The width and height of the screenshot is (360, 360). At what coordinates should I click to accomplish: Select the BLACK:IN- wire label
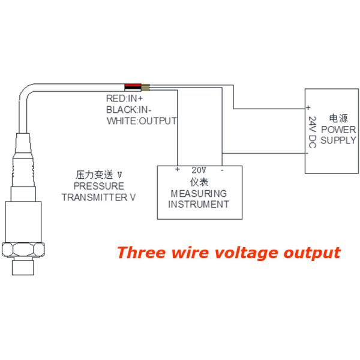tap(127, 109)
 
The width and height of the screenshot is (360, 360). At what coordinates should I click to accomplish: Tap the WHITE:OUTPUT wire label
tap(142, 121)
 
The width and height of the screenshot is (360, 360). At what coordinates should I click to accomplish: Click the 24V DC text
tap(312, 133)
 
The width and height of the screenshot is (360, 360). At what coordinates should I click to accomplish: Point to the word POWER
tap(338, 130)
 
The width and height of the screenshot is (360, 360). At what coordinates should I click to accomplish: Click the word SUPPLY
tap(338, 140)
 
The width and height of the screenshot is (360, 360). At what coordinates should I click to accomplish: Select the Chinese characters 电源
tap(338, 118)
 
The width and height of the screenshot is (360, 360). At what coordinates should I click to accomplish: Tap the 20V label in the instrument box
tap(199, 170)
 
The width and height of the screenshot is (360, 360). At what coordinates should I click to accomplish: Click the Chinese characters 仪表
tap(199, 182)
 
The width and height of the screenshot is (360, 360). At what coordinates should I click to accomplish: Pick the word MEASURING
tap(199, 193)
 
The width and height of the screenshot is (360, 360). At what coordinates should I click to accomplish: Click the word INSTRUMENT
tap(199, 204)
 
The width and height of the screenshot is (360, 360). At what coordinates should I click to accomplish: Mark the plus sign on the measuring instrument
tap(178, 170)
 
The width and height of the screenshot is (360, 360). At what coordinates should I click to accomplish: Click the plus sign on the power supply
tap(308, 108)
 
